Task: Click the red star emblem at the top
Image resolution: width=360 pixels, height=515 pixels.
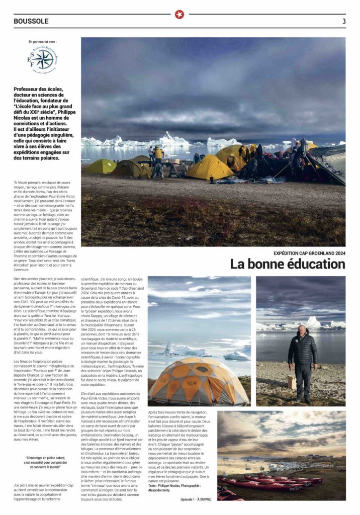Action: coord(179,15)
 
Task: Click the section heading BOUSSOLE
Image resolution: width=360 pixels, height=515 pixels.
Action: coord(31,21)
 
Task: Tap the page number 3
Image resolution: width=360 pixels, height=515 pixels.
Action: coord(344,21)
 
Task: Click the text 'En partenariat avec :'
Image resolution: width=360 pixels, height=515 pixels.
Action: coord(43,42)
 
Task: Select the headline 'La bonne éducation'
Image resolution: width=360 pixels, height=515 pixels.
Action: coord(288,264)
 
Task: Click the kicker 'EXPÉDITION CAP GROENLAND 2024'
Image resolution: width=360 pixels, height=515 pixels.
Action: coord(309,252)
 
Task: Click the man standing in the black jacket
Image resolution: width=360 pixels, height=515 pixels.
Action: coord(302,362)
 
